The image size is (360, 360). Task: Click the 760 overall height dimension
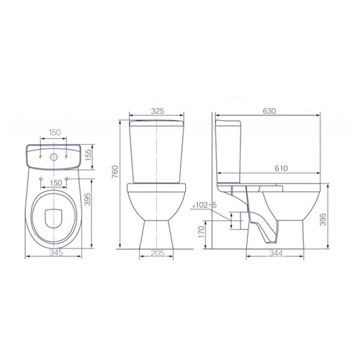(x=115, y=171)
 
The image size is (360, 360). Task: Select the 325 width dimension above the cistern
(x=157, y=111)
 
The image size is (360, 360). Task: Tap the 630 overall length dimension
(x=269, y=111)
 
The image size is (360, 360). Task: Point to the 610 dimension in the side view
(x=281, y=168)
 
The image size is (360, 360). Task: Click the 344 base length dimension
(x=276, y=253)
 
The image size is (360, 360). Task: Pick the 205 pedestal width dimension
(x=158, y=253)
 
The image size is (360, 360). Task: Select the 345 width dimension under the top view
(x=56, y=253)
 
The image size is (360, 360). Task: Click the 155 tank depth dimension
(x=89, y=156)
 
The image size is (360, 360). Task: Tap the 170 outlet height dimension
(x=201, y=233)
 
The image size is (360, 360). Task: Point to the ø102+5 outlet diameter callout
(x=204, y=205)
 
